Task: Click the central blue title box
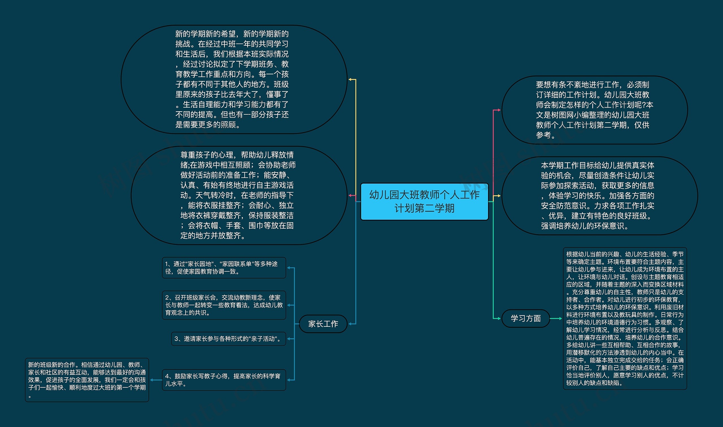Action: pos(424,201)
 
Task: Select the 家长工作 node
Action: pos(323,324)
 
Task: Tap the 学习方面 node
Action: pos(526,319)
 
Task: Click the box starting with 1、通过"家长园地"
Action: pos(224,268)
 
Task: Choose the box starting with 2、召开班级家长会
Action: pos(224,305)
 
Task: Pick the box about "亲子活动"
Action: pos(228,339)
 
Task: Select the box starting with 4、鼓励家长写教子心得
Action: pos(224,380)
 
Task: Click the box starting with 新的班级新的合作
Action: pos(87,380)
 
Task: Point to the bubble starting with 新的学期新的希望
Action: pos(234,79)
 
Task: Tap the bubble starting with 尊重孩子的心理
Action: pos(239,195)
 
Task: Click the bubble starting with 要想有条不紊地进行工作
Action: pos(594,110)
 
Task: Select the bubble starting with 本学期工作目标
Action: pos(600,196)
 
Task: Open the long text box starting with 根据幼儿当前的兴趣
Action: pos(625,319)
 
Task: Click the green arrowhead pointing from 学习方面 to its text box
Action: pos(560,319)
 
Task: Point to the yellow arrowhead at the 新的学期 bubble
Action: pos(350,79)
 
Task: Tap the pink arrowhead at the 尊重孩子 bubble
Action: pos(350,195)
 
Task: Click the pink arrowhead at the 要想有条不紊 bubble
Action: pos(499,110)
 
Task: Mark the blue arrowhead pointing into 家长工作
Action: pos(350,324)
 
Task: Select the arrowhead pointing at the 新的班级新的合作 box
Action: pos(152,380)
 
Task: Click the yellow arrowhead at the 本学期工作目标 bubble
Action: pos(499,196)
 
